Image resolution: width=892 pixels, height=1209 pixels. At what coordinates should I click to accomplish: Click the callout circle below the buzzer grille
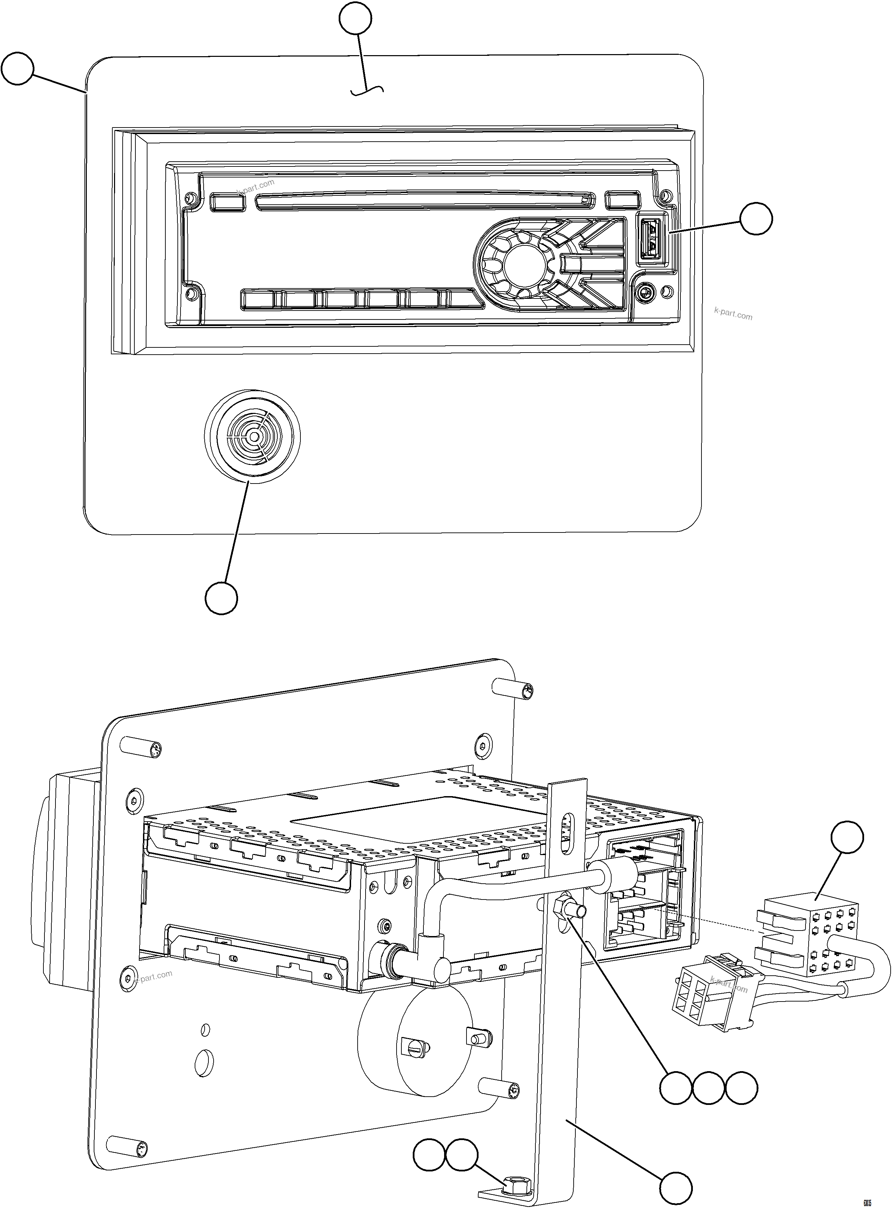coord(222,598)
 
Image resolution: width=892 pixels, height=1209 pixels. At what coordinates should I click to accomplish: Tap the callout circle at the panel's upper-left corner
coord(17,68)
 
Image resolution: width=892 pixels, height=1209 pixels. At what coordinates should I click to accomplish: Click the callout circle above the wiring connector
coord(847,837)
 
